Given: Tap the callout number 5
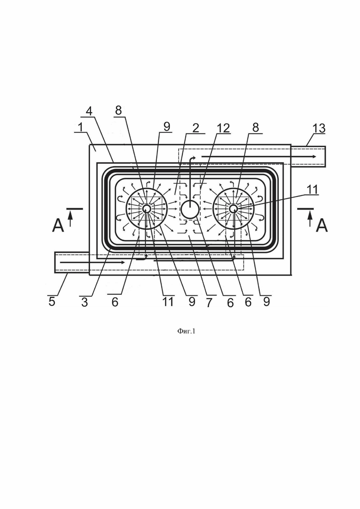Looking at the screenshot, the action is (x=52, y=301).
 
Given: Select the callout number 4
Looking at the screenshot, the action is (x=89, y=111).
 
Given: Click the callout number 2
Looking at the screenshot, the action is (x=195, y=128).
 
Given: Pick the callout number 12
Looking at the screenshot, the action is (x=223, y=128).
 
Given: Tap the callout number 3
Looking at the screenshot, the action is (x=84, y=302).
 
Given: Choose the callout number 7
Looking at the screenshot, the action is (x=209, y=302).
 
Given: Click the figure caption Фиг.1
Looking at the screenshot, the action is (x=186, y=331).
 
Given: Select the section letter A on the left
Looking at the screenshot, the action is (x=58, y=225).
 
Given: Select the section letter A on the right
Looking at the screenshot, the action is (x=322, y=225).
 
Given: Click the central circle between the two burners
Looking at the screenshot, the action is (x=190, y=209).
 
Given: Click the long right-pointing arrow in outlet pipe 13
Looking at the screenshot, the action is (x=259, y=157).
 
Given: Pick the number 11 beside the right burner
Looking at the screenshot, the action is (x=312, y=189).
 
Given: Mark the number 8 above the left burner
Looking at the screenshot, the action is (x=119, y=110).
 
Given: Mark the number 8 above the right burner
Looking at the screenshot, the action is (x=256, y=127).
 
